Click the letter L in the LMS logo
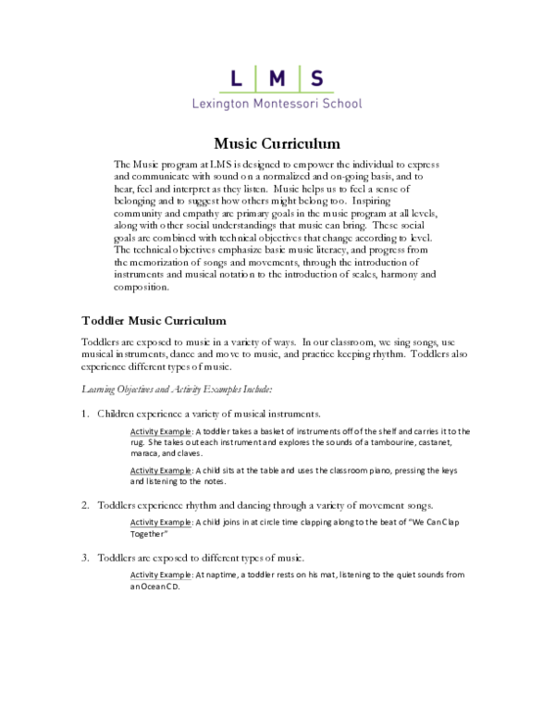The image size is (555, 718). (236, 79)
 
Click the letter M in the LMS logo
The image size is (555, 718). (276, 79)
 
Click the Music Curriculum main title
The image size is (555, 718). (277, 143)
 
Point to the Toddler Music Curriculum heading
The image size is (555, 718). (154, 321)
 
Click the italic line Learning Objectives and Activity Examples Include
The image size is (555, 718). (177, 389)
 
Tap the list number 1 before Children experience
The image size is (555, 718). (84, 413)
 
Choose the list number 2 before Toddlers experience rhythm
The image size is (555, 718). (84, 505)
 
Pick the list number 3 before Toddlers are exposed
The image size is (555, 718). (84, 558)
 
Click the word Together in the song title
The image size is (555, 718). (149, 535)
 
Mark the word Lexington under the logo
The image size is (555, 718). (220, 105)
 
